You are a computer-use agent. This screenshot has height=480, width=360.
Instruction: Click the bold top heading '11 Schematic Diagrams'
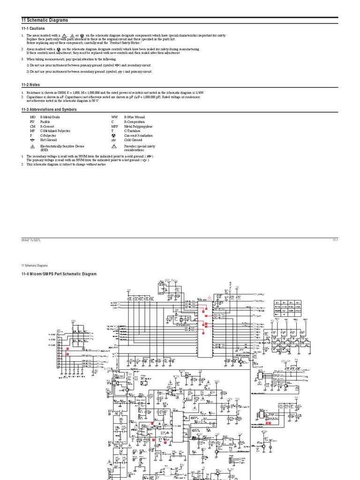tap(45, 20)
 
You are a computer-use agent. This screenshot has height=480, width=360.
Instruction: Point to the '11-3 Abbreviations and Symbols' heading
tap(49, 110)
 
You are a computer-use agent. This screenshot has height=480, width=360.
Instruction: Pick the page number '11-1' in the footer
tap(335, 240)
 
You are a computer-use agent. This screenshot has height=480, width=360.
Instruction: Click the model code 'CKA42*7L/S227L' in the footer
tap(31, 240)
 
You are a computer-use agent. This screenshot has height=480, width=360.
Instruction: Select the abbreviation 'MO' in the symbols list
tap(32, 117)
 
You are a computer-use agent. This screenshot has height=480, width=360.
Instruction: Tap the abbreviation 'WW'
tap(114, 117)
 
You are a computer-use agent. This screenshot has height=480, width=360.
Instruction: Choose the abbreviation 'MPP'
tap(115, 126)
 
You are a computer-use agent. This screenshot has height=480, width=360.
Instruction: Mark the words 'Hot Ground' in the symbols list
tap(49, 140)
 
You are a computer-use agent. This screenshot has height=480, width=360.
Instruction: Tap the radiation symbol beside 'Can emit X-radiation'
tap(114, 135)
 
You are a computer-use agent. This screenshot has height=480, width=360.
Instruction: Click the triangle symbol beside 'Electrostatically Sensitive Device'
tap(32, 146)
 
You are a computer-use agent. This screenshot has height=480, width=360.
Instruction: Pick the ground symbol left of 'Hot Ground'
tap(32, 140)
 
